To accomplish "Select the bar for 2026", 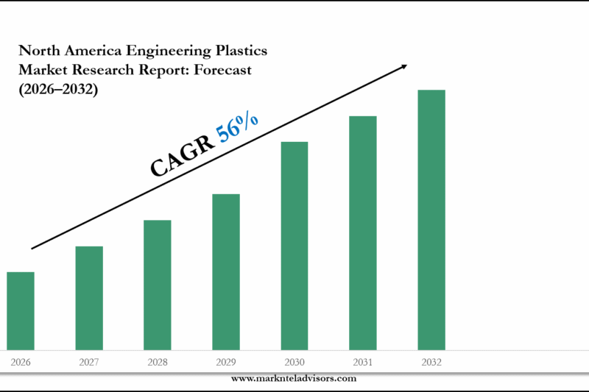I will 21,310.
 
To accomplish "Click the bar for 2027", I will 89,298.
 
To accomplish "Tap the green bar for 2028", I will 158,285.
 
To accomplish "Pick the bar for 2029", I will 226,271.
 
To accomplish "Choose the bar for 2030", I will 294,245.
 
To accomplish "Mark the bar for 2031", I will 363,232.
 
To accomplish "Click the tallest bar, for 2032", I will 431,219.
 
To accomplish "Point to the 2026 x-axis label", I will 21,363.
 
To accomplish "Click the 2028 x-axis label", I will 158,363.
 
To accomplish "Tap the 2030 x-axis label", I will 294,363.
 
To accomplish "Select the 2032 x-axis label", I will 431,363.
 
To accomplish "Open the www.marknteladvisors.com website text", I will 294,378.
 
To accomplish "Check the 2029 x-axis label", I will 226,363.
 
